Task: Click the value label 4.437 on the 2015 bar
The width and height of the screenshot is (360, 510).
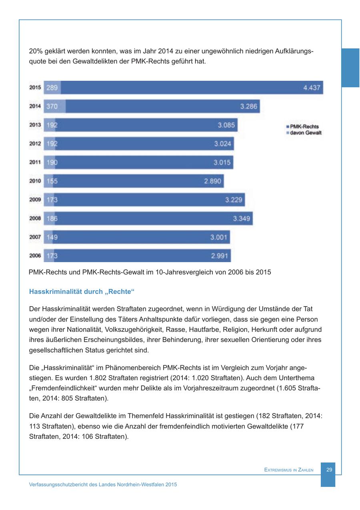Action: point(312,88)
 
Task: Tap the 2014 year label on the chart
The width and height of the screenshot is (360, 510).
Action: point(35,106)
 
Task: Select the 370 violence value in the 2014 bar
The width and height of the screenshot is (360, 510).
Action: point(52,106)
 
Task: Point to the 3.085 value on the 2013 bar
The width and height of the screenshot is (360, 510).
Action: point(226,125)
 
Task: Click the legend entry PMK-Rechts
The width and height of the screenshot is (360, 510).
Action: point(304,127)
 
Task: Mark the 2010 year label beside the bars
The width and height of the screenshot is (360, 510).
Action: point(35,181)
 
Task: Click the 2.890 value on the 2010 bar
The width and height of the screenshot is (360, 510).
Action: point(212,181)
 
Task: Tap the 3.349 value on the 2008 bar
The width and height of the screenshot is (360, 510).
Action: point(242,218)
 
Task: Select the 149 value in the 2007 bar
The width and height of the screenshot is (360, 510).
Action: point(52,237)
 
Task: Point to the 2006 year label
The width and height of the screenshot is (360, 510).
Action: point(35,256)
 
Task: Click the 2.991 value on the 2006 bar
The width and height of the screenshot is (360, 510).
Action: point(220,256)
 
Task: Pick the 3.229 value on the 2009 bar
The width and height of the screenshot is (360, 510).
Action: point(234,200)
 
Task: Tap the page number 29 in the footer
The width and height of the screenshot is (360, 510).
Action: point(329,470)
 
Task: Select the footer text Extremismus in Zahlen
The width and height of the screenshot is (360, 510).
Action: point(289,470)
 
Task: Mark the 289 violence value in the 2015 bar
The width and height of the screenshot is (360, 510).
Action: point(52,88)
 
